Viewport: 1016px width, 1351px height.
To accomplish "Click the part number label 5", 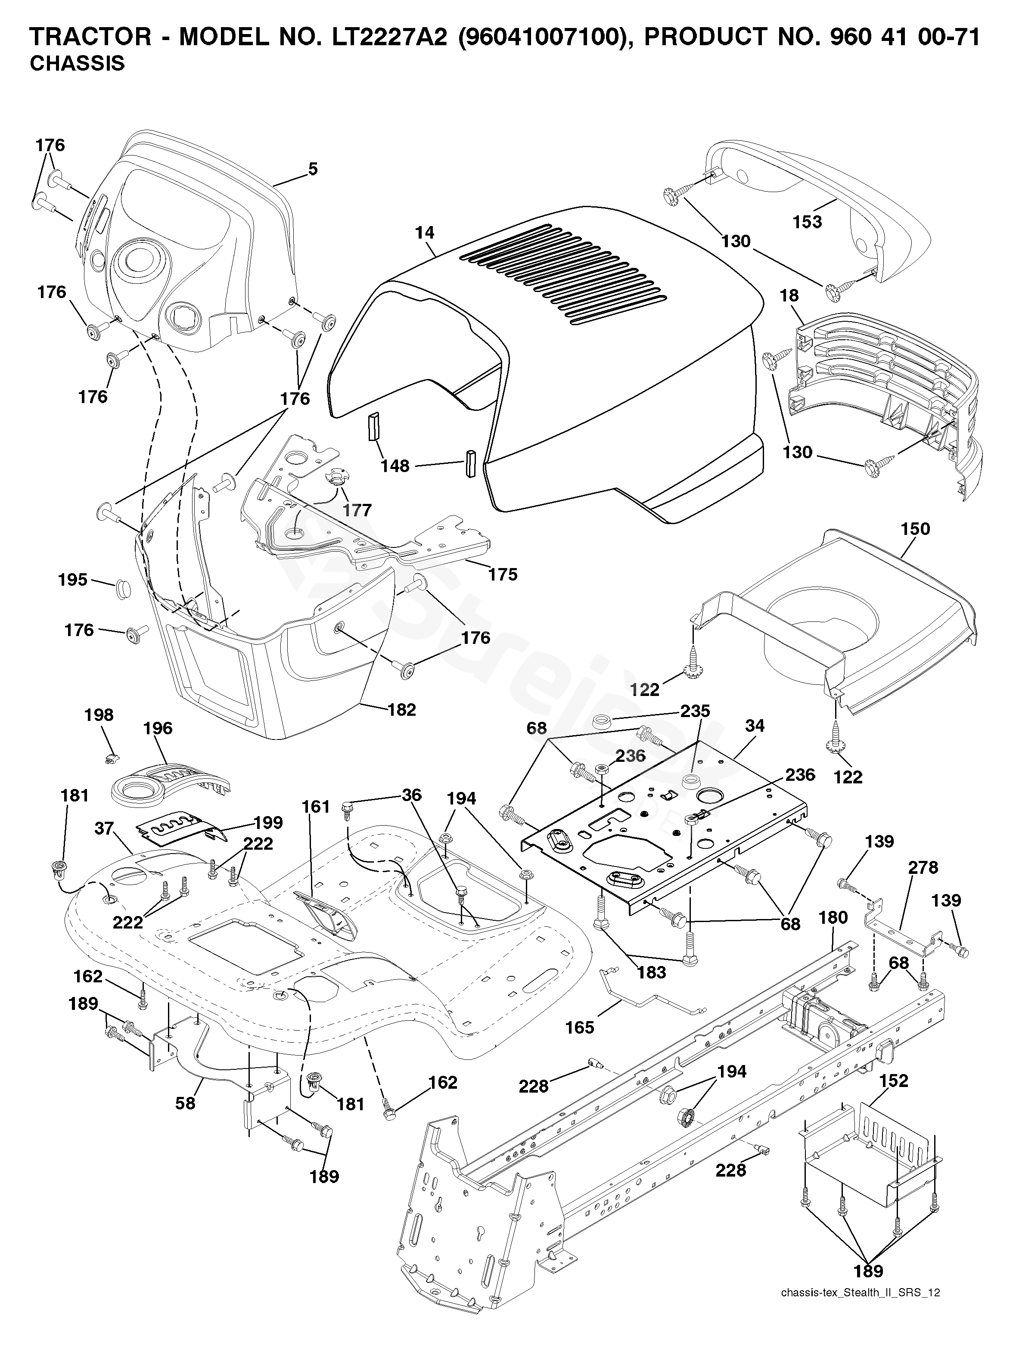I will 313,169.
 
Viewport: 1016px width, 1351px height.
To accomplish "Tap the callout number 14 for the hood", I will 425,233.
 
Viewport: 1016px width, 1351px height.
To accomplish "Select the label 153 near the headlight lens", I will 807,222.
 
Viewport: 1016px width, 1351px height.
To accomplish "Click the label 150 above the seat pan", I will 915,528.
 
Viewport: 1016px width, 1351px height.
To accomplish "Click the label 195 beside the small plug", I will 73,580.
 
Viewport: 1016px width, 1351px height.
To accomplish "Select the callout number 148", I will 395,466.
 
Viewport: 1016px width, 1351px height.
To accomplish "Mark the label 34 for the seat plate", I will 755,726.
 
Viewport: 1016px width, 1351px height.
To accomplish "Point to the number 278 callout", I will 923,867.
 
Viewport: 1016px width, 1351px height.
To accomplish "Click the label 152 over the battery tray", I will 893,1081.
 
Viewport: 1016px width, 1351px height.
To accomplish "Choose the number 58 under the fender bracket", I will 185,1103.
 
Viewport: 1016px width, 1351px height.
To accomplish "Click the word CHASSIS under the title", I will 77,63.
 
